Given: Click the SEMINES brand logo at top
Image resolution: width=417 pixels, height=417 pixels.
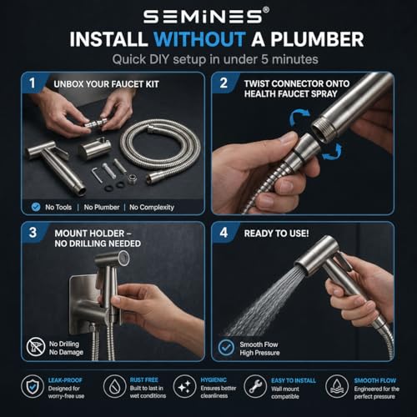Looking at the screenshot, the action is point(206,16).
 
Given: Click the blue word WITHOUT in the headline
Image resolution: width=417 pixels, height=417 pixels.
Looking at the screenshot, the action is point(199,39).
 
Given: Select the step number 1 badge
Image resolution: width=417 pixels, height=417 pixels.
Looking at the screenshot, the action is point(33,83).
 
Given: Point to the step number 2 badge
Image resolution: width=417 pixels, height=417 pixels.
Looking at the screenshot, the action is point(224,83).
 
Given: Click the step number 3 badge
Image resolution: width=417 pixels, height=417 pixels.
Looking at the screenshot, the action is point(33,233).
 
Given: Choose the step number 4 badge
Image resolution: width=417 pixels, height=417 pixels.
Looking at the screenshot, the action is point(224,233).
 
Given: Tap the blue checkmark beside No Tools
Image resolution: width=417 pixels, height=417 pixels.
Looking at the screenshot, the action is point(36,207).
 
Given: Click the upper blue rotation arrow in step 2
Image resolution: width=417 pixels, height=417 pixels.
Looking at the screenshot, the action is point(299,117).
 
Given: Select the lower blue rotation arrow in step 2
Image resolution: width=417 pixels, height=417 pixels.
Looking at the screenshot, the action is point(333,152).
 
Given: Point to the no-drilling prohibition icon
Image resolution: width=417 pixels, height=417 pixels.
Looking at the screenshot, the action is point(36,348).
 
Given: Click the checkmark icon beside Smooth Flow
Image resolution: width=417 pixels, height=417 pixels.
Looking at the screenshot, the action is point(226,348).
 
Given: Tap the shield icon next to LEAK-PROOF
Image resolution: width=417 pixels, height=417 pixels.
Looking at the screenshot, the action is point(33,387).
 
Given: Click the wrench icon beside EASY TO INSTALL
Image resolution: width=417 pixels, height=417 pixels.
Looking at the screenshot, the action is point(255,386).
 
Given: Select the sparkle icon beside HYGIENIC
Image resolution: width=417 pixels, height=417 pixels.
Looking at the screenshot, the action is point(184,386).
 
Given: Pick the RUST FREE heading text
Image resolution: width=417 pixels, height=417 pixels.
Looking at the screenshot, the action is point(144,380).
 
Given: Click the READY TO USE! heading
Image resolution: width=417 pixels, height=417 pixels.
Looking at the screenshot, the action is point(276,234).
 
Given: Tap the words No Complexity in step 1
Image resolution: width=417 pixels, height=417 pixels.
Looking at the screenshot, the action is point(152,208).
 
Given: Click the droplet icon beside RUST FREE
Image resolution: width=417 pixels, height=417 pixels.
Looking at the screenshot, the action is point(114,386).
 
